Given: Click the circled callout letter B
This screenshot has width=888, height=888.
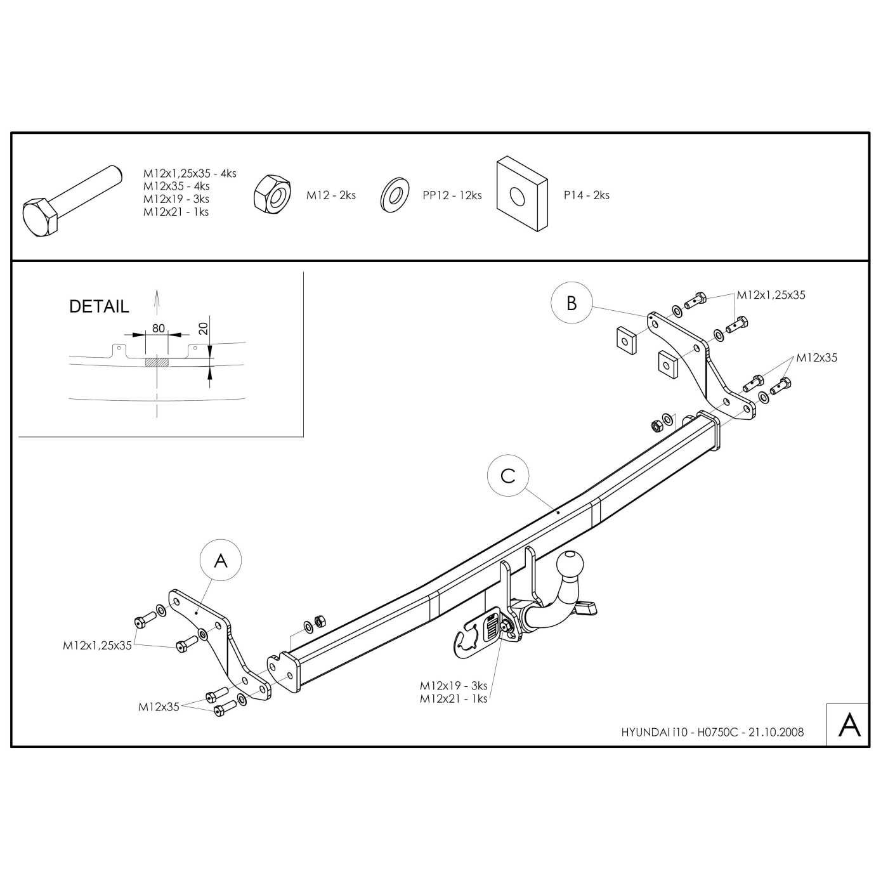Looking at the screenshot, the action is click(x=571, y=303).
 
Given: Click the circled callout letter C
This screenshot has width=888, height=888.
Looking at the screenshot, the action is click(x=508, y=476).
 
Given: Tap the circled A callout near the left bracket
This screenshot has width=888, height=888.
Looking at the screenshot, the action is click(x=221, y=560).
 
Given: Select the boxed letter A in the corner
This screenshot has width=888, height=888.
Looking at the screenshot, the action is click(x=849, y=725).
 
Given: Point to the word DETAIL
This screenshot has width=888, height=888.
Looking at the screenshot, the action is click(x=99, y=306).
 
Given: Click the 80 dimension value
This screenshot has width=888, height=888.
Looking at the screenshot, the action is click(x=158, y=328).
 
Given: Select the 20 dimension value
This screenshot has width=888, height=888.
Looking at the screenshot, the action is click(x=203, y=328).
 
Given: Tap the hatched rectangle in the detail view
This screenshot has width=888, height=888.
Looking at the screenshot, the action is click(x=157, y=363).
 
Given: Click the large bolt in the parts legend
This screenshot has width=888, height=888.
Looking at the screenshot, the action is click(x=72, y=201).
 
